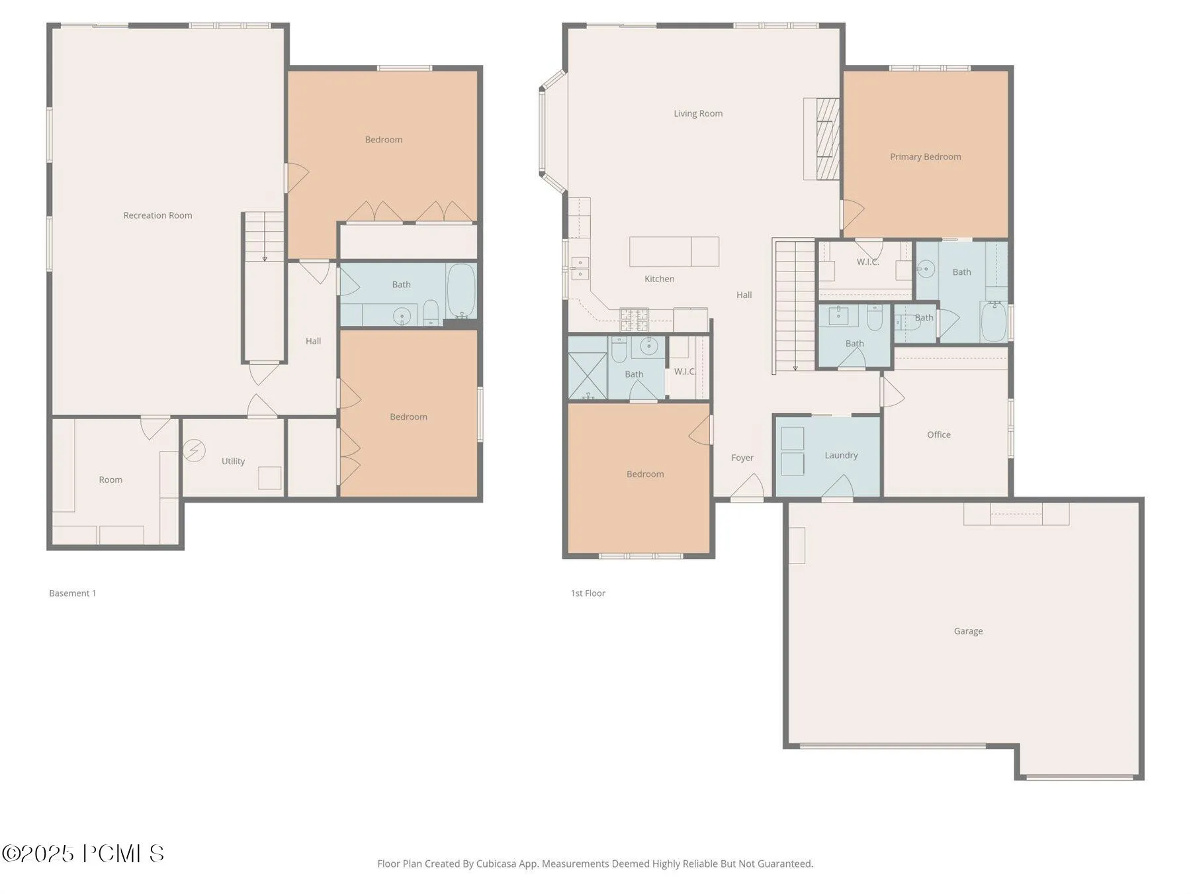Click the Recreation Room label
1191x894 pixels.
(157, 215)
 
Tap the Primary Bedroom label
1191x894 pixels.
(925, 157)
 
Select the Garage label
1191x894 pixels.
(968, 631)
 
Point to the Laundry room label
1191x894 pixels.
(841, 456)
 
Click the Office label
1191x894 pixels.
(938, 434)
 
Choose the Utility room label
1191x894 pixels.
(233, 462)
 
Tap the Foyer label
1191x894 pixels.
(742, 458)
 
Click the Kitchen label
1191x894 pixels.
(659, 279)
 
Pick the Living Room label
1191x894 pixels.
(698, 113)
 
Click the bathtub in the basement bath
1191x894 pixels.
(461, 291)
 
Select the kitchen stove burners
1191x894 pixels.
(634, 320)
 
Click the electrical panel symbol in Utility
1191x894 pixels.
(194, 450)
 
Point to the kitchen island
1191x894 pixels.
(674, 252)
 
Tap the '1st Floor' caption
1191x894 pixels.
(588, 593)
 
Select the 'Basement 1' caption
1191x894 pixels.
(73, 593)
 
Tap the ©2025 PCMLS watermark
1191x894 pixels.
(83, 854)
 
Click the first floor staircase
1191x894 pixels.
(795, 306)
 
